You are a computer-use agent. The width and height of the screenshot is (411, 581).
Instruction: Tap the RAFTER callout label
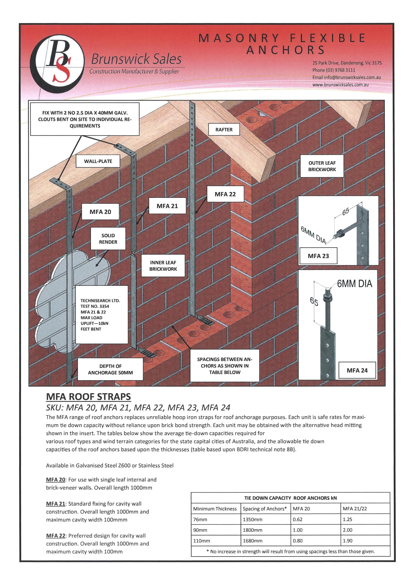(224, 130)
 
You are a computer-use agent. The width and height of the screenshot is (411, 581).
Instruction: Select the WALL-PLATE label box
(98, 161)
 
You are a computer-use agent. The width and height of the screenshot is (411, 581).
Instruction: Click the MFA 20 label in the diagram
(100, 212)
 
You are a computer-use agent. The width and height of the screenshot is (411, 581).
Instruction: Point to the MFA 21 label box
(167, 206)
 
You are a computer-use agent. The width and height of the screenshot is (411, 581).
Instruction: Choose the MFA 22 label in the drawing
(225, 194)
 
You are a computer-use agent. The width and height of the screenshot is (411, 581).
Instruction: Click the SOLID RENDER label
(108, 239)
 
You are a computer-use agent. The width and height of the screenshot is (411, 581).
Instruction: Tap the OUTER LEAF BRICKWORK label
(322, 166)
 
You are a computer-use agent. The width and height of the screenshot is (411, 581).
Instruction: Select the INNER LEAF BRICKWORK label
(163, 266)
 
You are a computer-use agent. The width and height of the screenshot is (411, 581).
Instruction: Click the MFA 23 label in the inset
(318, 256)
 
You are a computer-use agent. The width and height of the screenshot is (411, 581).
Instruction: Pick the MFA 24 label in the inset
(357, 370)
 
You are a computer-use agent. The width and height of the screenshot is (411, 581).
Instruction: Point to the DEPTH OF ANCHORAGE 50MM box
(110, 369)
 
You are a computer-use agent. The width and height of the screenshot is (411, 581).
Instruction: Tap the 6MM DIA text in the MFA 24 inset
(354, 284)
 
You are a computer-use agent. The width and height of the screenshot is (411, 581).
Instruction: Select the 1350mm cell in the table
(252, 519)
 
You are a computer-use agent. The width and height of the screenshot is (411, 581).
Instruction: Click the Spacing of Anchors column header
(265, 509)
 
